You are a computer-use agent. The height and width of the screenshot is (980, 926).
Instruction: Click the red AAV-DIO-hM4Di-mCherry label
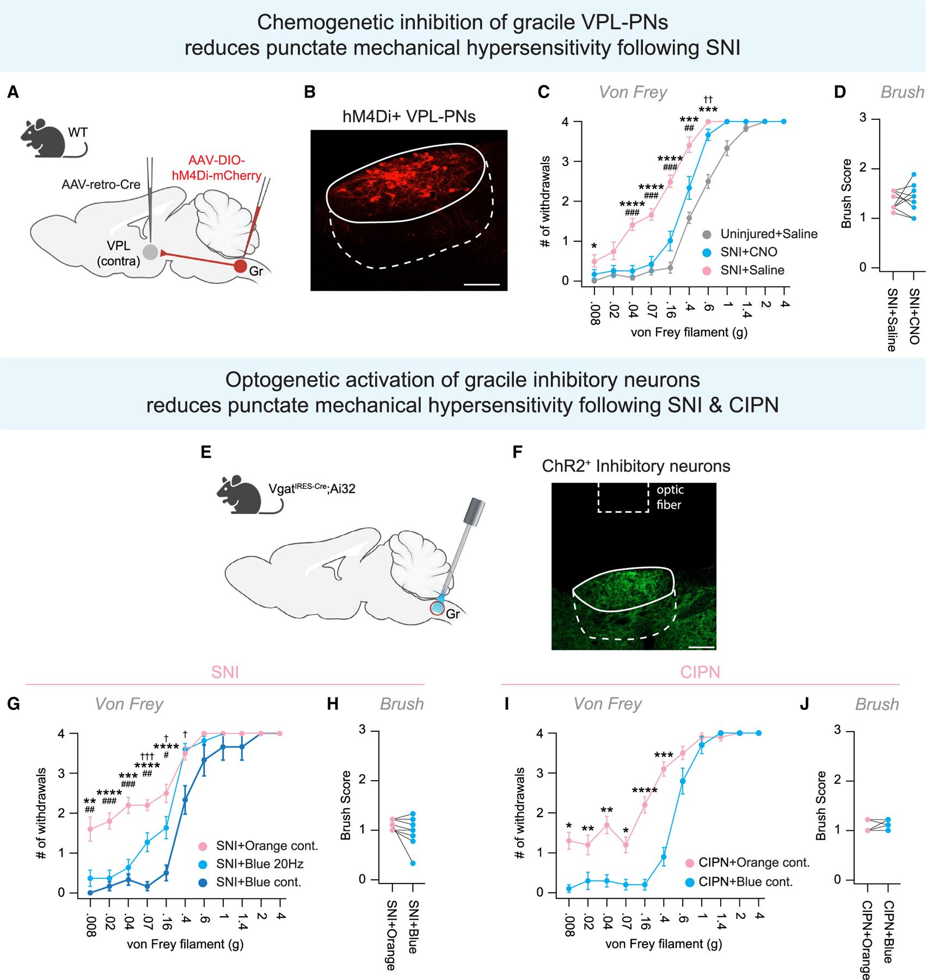(217, 168)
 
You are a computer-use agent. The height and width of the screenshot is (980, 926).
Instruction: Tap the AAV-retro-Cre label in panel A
(102, 185)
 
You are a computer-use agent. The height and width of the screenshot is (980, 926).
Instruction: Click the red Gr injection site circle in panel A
(240, 266)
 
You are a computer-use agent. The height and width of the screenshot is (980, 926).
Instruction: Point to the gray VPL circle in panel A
(151, 252)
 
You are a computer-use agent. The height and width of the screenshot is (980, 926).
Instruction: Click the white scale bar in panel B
(482, 284)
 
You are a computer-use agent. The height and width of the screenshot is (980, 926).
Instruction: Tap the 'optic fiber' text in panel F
(669, 497)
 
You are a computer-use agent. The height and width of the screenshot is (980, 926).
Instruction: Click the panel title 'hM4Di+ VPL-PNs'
(409, 116)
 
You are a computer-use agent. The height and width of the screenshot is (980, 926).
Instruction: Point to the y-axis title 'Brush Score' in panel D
(846, 193)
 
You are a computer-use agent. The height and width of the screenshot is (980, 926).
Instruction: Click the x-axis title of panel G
(185, 944)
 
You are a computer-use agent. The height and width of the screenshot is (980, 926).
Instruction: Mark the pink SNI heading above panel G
(225, 672)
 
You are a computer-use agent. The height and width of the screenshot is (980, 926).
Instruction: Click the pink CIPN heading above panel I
(700, 672)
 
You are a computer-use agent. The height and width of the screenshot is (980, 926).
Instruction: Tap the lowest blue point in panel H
(413, 863)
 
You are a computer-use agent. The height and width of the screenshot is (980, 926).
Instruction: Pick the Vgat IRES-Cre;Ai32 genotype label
(311, 488)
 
